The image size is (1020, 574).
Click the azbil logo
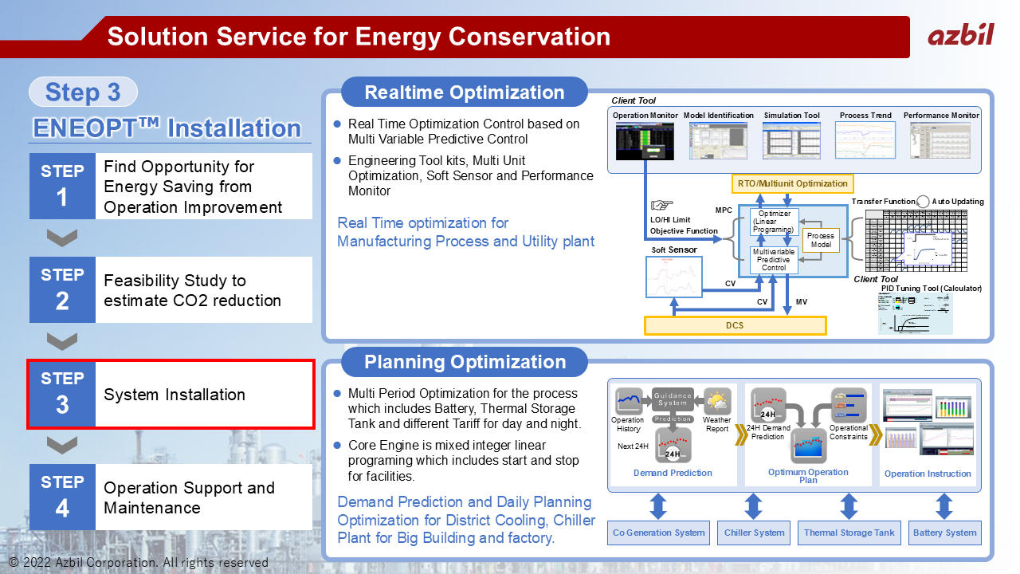(960, 34)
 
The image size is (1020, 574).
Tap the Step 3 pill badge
(83, 92)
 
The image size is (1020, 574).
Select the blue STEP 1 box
(62, 186)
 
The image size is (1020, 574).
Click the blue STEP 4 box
(62, 497)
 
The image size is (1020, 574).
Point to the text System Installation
(175, 395)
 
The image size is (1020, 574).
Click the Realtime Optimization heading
(464, 92)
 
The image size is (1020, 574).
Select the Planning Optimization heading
(464, 362)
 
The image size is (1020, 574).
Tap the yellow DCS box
(735, 325)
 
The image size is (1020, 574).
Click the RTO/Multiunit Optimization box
(792, 183)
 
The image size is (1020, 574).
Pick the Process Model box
(820, 240)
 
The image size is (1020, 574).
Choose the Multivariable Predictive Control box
(773, 260)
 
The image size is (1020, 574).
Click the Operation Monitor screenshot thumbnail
(645, 140)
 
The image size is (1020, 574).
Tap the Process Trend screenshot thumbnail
(865, 140)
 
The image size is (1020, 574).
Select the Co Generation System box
(658, 533)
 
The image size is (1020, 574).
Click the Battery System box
(944, 533)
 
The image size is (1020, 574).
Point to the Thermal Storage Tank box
(849, 533)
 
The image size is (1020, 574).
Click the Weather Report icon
(716, 401)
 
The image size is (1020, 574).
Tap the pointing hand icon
(661, 205)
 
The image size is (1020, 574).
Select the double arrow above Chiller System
(754, 506)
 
